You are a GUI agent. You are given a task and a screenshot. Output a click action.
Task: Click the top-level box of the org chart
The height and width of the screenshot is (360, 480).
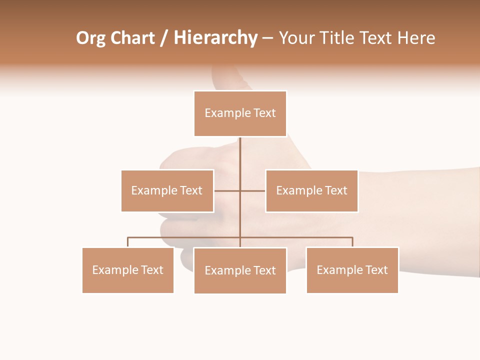(x=240, y=113)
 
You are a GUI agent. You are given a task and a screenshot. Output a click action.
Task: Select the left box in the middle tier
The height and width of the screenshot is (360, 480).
(x=167, y=190)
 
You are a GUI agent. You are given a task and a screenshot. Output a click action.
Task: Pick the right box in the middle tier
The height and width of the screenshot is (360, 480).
(x=311, y=190)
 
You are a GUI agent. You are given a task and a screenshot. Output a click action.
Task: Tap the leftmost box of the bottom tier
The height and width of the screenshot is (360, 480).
(x=128, y=270)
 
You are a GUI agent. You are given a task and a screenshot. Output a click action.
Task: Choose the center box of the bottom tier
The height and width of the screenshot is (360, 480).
(x=240, y=270)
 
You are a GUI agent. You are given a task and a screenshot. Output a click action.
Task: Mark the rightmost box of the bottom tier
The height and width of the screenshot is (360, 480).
(x=352, y=270)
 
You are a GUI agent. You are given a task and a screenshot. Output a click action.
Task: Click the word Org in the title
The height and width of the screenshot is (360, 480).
(x=90, y=38)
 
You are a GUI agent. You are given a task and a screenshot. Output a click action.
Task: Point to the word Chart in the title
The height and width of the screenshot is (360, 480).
(x=132, y=38)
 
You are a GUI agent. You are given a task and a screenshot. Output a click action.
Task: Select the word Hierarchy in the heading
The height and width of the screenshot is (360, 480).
(x=215, y=38)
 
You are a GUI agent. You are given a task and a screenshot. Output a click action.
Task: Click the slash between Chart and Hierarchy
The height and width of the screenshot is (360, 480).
(x=164, y=38)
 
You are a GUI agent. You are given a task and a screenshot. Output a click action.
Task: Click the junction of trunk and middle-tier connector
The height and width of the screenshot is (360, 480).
(x=240, y=190)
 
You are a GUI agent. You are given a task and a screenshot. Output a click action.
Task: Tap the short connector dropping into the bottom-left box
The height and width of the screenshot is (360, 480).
(x=128, y=242)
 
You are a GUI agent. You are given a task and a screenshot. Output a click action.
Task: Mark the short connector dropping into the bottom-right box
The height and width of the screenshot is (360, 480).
(x=352, y=242)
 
